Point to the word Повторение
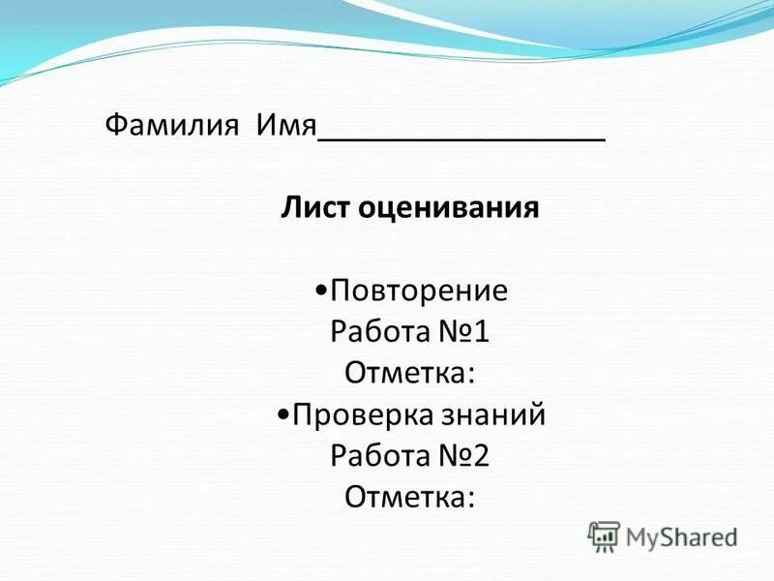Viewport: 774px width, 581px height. pos(418,291)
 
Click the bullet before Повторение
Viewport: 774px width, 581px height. pos(321,291)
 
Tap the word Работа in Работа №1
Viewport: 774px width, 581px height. pos(379,333)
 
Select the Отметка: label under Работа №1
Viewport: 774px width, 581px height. pos(407,374)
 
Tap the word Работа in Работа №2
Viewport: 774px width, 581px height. pos(379,456)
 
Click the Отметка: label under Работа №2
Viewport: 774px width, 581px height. pos(407,498)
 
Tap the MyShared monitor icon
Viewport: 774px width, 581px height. pos(605,535)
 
